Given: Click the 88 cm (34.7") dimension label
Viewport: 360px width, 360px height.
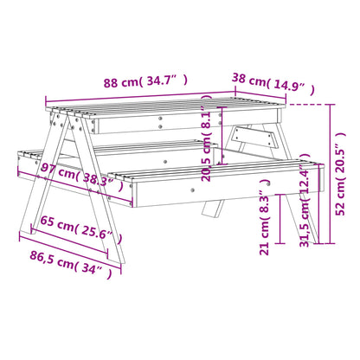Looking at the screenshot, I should click(x=145, y=83).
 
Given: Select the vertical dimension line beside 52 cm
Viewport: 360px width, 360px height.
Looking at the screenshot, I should click(x=331, y=173).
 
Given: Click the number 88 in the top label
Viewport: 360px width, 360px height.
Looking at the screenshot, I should click(x=112, y=83).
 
